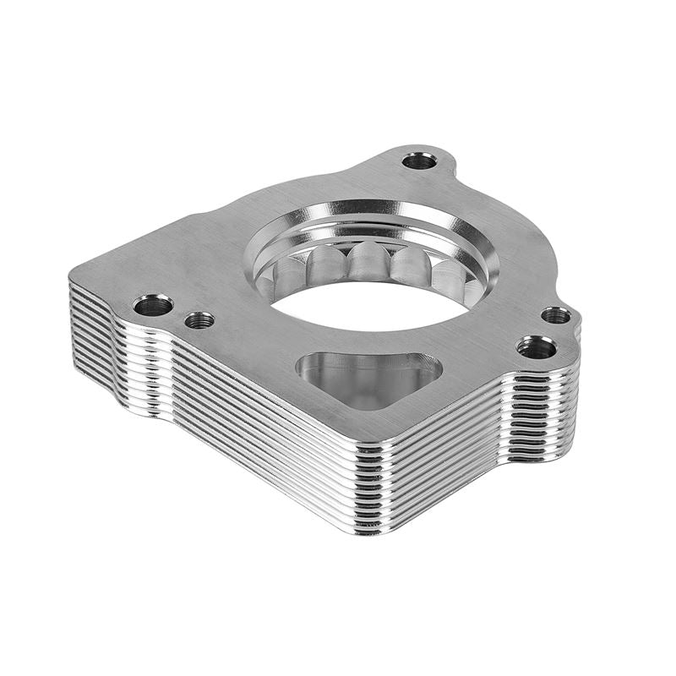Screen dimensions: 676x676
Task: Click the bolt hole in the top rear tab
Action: (x=419, y=160)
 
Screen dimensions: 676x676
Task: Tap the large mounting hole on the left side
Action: (x=153, y=305)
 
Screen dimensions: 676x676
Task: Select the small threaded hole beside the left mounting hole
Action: (x=199, y=320)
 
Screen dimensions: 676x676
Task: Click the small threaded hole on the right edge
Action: (x=555, y=315)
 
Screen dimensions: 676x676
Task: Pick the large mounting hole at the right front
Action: (x=536, y=346)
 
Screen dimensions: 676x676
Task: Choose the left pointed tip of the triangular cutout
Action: (x=302, y=368)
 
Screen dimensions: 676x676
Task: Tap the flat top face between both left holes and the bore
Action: (x=220, y=279)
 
